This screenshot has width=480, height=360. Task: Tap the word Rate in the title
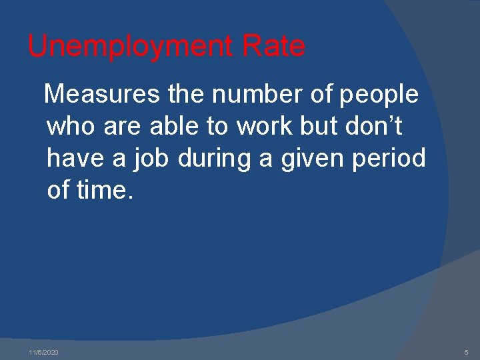point(274,47)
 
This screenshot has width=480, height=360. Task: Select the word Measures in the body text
point(102,95)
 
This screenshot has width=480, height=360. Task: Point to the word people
point(379,95)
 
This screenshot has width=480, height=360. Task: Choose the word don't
point(377,127)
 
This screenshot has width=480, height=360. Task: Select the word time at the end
point(105,191)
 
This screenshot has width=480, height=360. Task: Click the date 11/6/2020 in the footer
point(44,352)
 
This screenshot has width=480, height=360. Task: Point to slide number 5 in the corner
point(467,352)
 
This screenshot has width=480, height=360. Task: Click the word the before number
point(187,95)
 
